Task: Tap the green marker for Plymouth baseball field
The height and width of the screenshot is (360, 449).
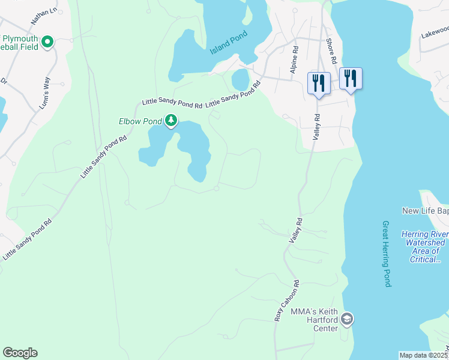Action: tap(47, 42)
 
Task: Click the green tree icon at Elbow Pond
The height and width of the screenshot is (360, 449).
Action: tap(171, 121)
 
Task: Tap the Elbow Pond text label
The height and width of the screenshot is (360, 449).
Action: tap(140, 121)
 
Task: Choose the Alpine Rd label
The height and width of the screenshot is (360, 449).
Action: tap(294, 61)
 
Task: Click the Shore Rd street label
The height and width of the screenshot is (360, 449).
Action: tap(330, 52)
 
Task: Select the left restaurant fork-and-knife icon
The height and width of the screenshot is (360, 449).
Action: tap(318, 82)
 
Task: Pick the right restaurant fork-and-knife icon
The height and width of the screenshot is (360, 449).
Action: tap(351, 78)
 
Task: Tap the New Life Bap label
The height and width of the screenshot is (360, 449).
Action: tap(425, 211)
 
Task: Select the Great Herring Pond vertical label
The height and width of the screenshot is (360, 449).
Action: tap(387, 254)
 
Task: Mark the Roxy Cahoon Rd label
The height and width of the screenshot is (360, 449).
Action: tap(287, 300)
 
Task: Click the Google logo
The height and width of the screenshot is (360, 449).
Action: tap(20, 353)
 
